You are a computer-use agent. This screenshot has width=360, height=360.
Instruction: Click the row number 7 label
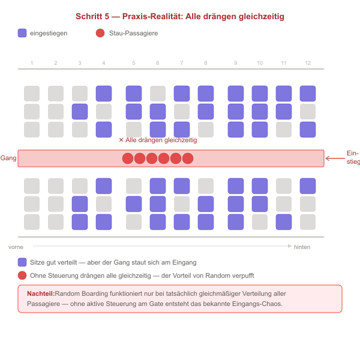click(x=182, y=63)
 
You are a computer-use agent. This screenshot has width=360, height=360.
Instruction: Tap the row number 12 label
click(x=308, y=63)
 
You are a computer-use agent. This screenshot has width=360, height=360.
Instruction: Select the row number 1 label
click(x=32, y=63)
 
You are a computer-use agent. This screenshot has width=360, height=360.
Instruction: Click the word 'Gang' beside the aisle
click(x=8, y=158)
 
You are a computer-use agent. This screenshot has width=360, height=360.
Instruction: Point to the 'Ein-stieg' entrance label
click(x=353, y=157)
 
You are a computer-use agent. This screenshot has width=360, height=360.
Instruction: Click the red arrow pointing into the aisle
click(x=335, y=158)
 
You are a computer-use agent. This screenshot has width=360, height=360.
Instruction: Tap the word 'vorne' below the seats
click(x=16, y=247)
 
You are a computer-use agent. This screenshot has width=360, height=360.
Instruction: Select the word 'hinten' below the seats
click(x=302, y=247)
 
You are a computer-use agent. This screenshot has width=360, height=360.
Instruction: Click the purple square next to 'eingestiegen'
click(x=22, y=33)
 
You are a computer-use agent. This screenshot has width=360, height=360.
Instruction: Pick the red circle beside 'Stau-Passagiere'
click(x=100, y=33)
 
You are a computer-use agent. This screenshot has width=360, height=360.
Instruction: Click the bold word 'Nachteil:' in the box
click(x=41, y=293)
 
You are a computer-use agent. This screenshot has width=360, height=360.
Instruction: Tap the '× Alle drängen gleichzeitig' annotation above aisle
click(x=158, y=140)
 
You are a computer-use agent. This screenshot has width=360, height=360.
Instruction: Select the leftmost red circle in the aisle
click(x=128, y=158)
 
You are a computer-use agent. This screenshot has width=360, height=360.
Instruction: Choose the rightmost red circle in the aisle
click(x=188, y=158)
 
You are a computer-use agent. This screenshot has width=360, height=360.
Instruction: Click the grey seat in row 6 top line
click(x=158, y=94)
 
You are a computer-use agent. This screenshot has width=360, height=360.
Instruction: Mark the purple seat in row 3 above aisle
click(x=80, y=112)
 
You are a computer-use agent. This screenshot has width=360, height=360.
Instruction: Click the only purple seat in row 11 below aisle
click(x=284, y=222)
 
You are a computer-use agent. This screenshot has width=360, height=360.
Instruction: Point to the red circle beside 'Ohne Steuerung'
click(x=22, y=275)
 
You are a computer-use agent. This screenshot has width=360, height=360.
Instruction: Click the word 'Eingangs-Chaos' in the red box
click(x=257, y=304)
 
